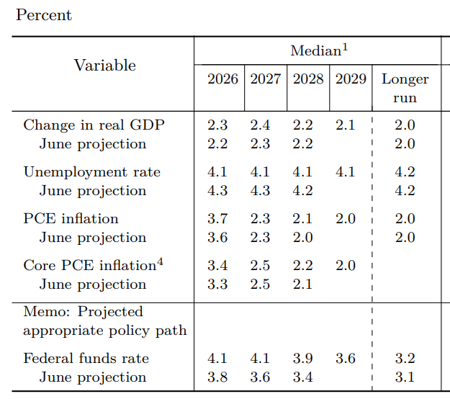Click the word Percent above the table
click(x=44, y=15)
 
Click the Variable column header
click(x=105, y=65)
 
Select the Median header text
click(x=315, y=51)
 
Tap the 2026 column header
click(x=222, y=79)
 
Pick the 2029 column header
click(x=351, y=79)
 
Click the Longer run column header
click(x=405, y=89)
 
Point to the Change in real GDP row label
click(x=94, y=125)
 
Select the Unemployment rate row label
click(x=92, y=172)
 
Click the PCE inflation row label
click(x=71, y=218)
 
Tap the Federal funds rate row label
click(x=86, y=358)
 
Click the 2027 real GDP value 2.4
click(x=260, y=125)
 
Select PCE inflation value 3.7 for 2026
click(x=217, y=218)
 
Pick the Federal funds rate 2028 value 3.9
click(x=303, y=358)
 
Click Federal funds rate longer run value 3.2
click(x=405, y=358)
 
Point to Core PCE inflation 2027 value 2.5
click(x=260, y=265)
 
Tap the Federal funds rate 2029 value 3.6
click(x=346, y=358)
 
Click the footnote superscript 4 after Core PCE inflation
click(x=160, y=261)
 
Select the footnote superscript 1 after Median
click(x=345, y=48)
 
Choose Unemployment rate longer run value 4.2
click(x=405, y=172)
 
